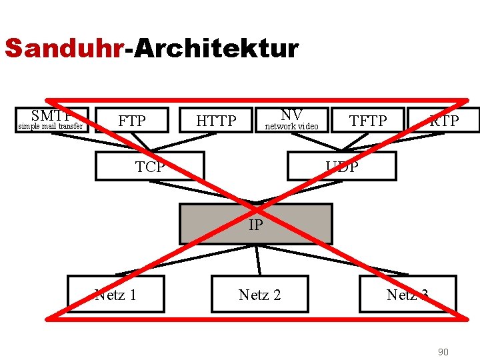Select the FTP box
[131, 121]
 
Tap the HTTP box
[216, 121]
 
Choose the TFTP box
[368, 121]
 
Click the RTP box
[443, 121]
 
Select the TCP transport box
[150, 167]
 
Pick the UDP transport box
[341, 167]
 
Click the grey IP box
[255, 224]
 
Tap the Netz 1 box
[116, 294]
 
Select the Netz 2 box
[259, 294]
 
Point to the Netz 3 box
[407, 294]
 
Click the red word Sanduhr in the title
[64, 49]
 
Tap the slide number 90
[443, 351]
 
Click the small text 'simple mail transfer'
[51, 126]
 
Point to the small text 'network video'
[292, 126]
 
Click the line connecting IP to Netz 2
[258, 259]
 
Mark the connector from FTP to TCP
[140, 142]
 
